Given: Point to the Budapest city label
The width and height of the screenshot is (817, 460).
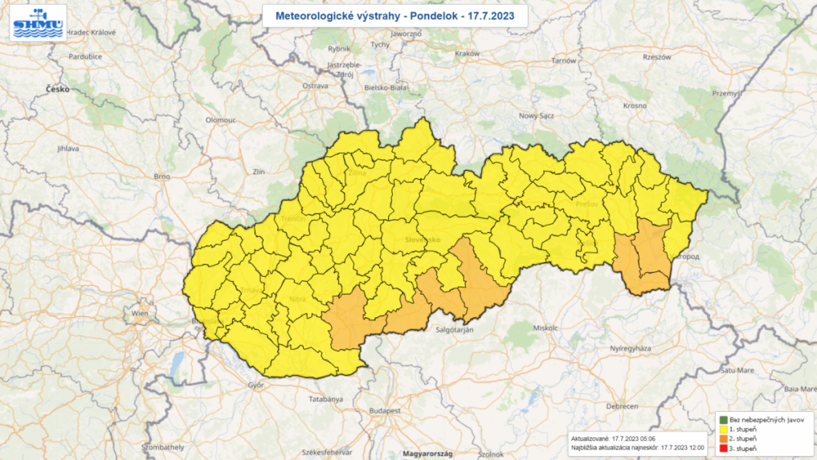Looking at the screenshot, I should pos(385,410).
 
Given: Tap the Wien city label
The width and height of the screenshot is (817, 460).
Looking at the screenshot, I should pos(140,313).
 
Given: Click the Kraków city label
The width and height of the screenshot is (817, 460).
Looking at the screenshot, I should pos(467,54).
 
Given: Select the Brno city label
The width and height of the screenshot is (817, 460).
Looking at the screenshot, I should pos(163,176).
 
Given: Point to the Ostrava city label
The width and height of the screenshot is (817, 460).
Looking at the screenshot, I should pos(315,85).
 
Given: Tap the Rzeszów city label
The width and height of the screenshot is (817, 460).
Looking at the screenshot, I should pos(656,57).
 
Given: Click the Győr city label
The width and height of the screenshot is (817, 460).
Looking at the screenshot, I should pos(256,385).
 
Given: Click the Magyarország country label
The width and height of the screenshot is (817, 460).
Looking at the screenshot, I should pos(428,454).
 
